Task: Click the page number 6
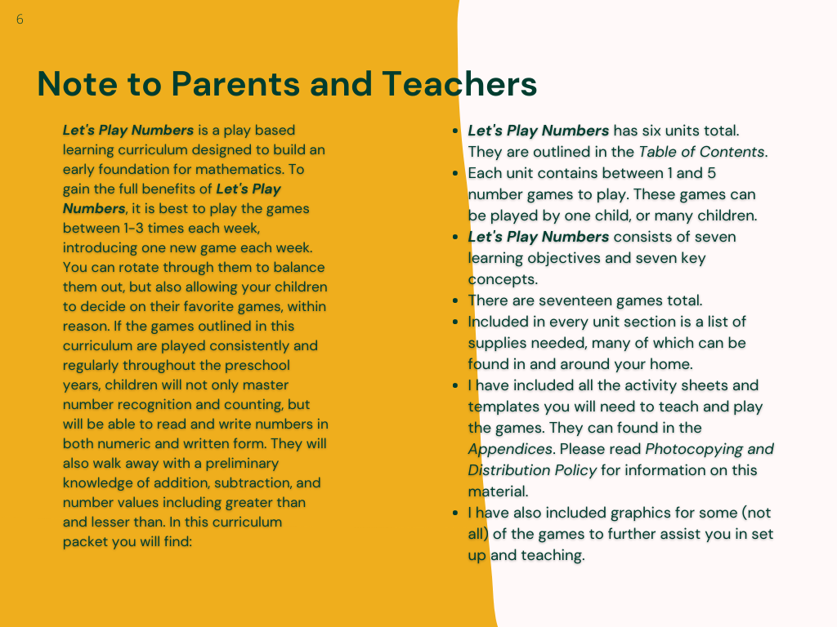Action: [x=20, y=20]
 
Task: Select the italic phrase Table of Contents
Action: [x=700, y=152]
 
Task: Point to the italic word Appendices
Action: [x=509, y=449]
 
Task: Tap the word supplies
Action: [x=495, y=343]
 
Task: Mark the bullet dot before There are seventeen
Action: [x=455, y=300]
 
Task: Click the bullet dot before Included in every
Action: [x=455, y=322]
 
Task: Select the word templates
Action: [x=503, y=407]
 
